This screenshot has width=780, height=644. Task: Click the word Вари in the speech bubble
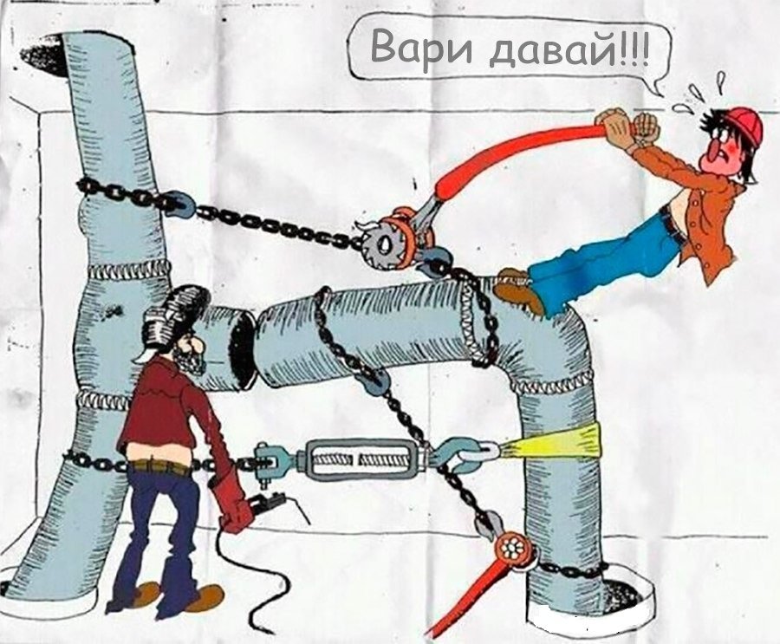[x=421, y=49]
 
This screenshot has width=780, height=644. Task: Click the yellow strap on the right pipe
[x=556, y=441]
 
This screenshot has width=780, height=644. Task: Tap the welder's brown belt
[x=159, y=467]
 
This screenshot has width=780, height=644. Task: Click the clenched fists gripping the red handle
[x=627, y=127]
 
